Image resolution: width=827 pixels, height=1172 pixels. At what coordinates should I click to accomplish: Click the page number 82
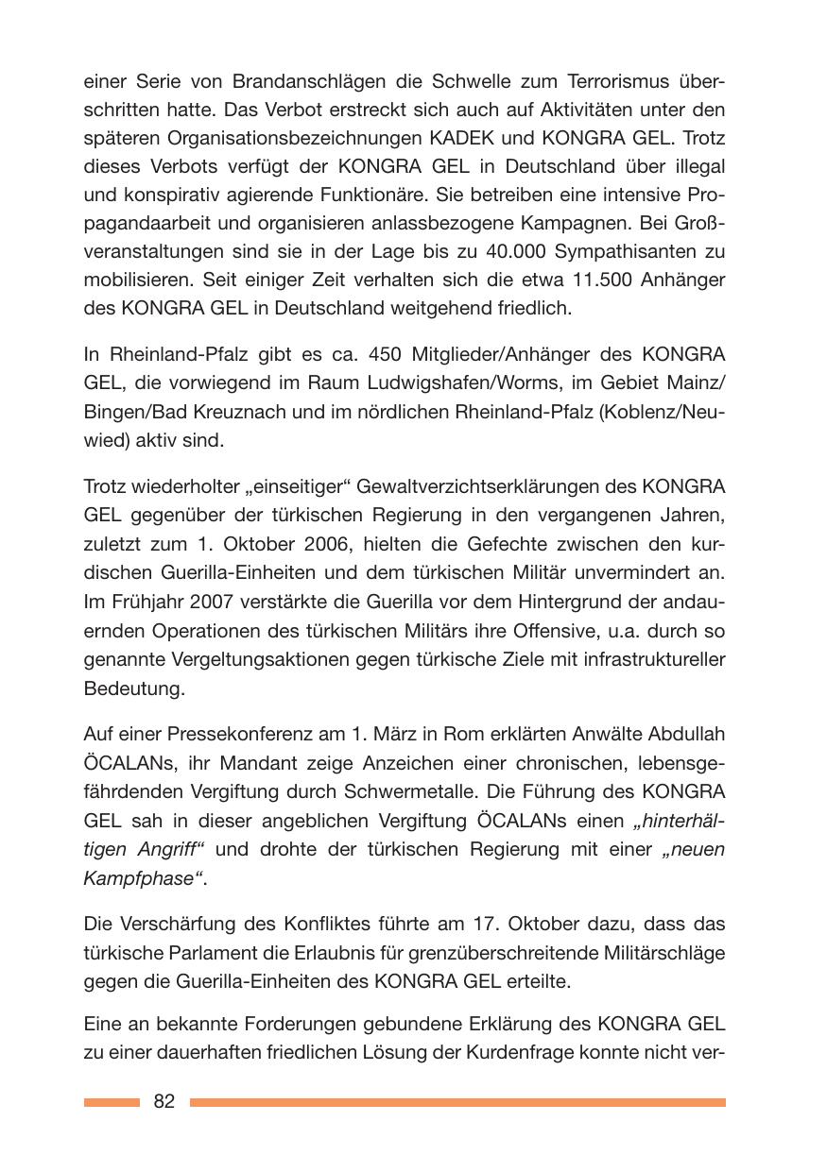point(164,1101)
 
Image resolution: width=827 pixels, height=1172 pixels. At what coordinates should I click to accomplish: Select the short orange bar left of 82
point(111,1102)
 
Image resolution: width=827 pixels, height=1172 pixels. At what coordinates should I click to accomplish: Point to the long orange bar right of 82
point(457,1102)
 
